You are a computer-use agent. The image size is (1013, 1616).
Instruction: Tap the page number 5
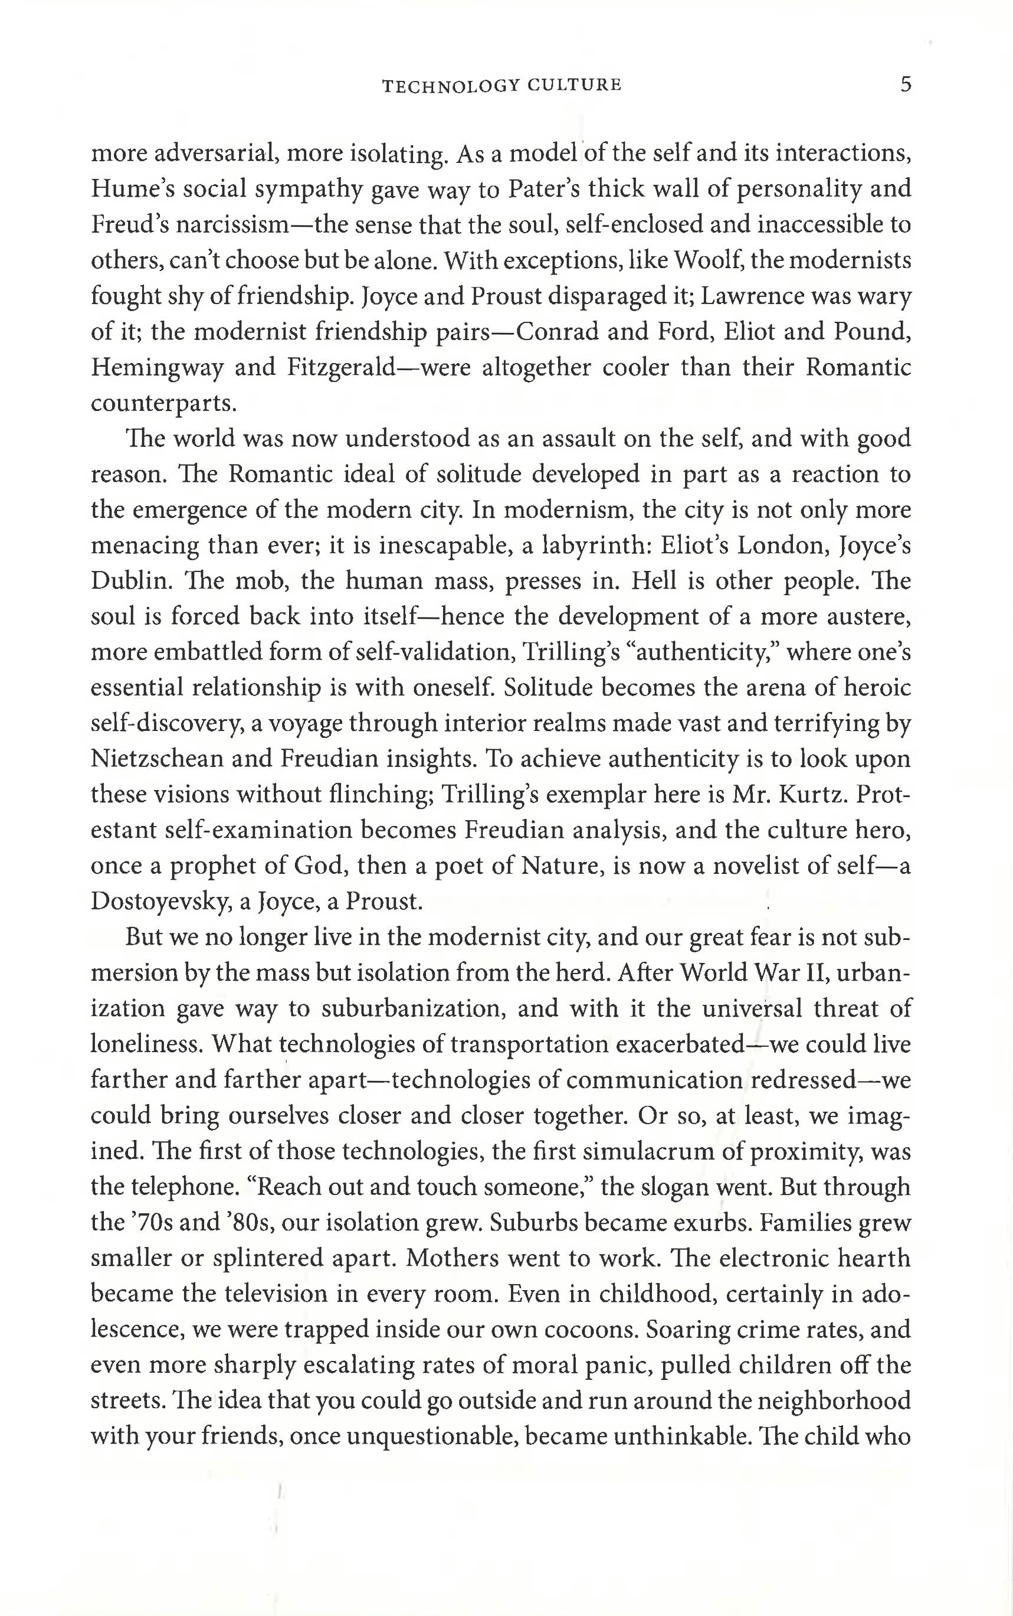point(905,84)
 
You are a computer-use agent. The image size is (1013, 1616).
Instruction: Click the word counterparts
point(162,403)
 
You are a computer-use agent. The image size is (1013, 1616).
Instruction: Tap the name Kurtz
point(811,794)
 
